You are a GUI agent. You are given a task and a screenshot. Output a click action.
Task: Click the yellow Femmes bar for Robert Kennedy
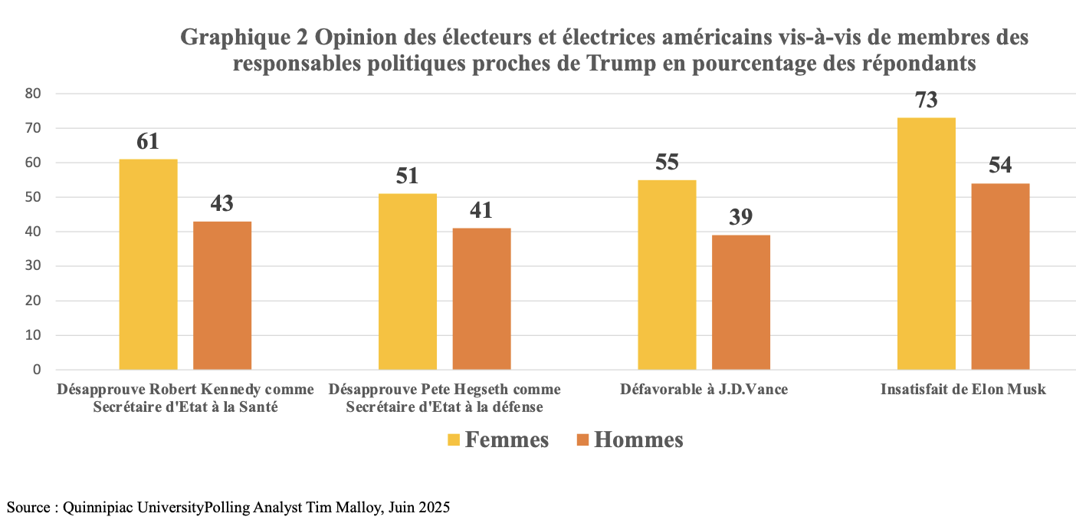(x=149, y=265)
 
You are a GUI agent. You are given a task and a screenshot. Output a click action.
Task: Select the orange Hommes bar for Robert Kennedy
(x=222, y=295)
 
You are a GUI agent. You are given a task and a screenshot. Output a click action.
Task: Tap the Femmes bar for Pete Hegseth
(x=408, y=281)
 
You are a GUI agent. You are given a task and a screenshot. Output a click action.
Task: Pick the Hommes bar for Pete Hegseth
(x=481, y=299)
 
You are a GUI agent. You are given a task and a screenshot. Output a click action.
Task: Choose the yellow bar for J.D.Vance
(x=667, y=275)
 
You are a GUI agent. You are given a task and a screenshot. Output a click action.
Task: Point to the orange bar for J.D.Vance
(x=741, y=302)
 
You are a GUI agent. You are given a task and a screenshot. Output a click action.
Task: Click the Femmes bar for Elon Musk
(x=927, y=244)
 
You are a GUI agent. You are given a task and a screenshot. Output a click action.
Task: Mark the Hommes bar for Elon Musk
(x=1000, y=276)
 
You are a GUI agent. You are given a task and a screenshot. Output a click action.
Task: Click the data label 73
(x=927, y=100)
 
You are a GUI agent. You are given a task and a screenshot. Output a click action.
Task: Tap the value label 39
(x=741, y=217)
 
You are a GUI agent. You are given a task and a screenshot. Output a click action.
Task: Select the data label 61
(x=149, y=142)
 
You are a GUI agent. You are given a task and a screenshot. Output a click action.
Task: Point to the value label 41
(x=481, y=210)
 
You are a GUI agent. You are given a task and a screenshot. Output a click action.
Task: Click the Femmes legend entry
(x=499, y=439)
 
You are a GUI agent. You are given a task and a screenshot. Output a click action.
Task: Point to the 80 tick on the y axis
(x=34, y=94)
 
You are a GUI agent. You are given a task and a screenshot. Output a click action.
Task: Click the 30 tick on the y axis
(x=34, y=266)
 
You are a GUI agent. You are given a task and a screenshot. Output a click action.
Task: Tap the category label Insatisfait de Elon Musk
(x=963, y=390)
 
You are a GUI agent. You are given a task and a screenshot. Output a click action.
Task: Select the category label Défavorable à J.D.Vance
(x=704, y=390)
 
